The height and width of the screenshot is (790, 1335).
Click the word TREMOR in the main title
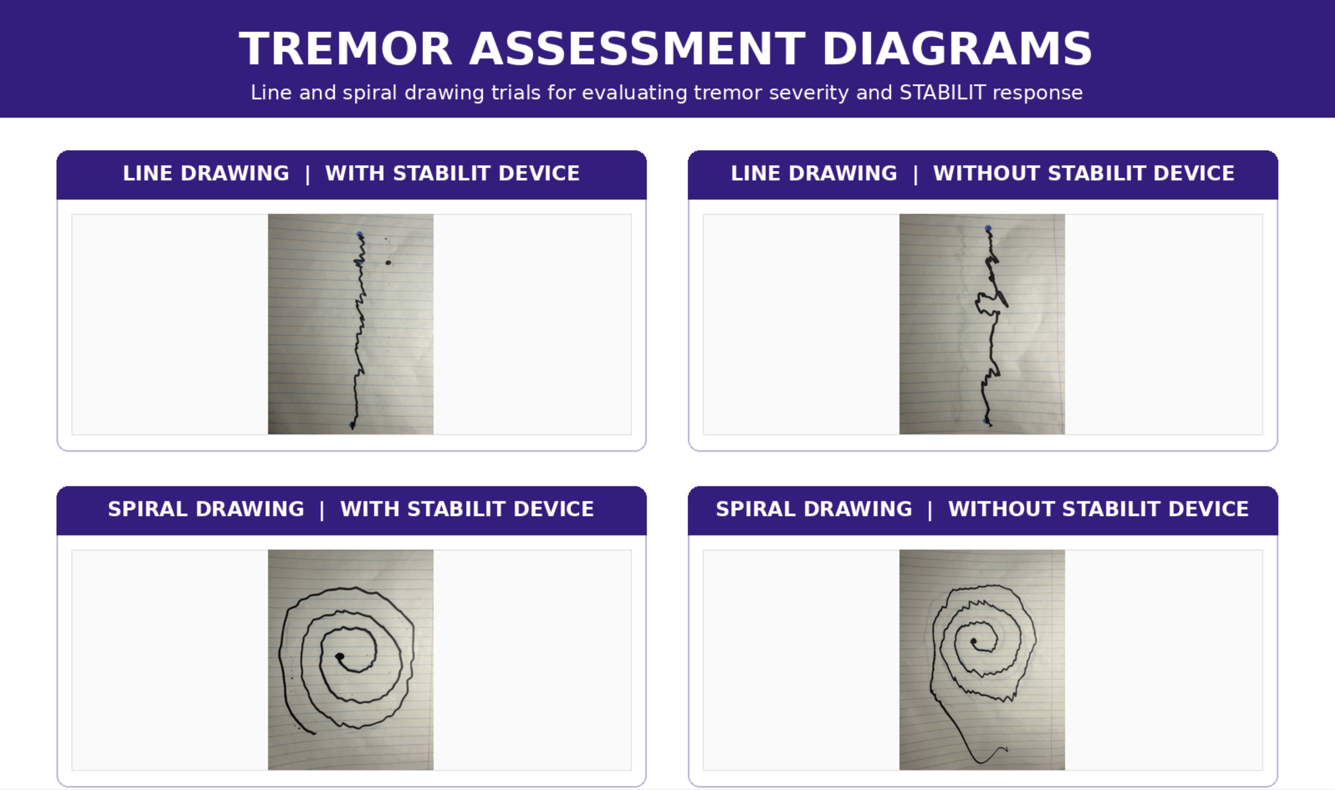point(345,49)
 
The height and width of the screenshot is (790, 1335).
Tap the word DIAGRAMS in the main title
point(958,49)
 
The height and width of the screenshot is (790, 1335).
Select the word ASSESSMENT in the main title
point(637,49)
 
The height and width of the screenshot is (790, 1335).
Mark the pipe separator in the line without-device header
point(915,174)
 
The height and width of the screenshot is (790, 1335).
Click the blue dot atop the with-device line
point(360,234)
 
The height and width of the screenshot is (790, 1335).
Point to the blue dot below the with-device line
point(352,424)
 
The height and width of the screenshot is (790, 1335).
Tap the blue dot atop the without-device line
point(988,228)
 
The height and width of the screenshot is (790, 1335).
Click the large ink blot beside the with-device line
point(388,262)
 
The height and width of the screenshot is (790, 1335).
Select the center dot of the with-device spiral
point(340,657)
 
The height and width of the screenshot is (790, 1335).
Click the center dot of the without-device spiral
point(973,642)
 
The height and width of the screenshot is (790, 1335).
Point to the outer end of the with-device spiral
point(315,734)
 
